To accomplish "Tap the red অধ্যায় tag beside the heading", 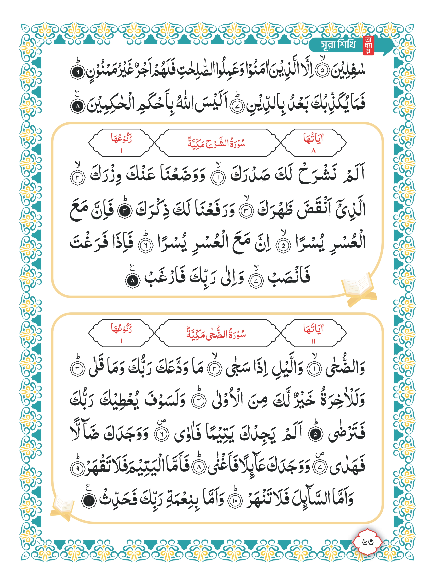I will pos(368,45).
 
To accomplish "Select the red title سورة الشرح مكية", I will pos(217,144).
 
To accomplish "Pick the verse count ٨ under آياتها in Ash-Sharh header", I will pos(314,151).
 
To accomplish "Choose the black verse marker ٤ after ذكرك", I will pos(125,212).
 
